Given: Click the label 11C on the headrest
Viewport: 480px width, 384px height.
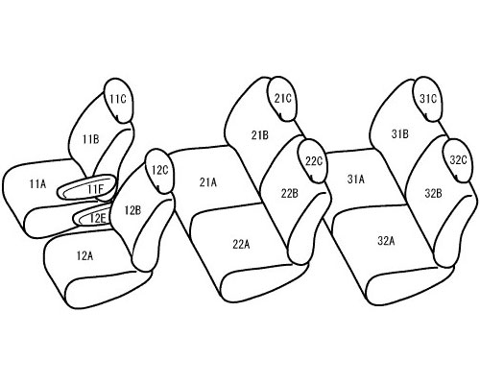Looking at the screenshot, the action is [118, 99].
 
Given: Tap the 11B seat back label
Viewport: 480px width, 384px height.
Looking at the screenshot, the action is [91, 139].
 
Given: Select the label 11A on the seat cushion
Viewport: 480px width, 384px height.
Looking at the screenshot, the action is [37, 184].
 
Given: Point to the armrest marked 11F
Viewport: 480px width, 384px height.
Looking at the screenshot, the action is [86, 187].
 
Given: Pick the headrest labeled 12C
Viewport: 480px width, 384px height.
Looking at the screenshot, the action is [159, 171].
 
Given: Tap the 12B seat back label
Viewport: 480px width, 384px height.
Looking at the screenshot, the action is [132, 210].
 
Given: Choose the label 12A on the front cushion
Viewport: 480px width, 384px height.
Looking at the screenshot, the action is [84, 256].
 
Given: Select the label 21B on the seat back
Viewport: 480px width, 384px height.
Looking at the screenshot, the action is [260, 135].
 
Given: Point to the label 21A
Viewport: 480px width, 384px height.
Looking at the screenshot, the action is [208, 182].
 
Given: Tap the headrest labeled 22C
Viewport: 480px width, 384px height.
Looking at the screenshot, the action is [313, 161].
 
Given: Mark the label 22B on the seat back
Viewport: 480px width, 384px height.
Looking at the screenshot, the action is [290, 193].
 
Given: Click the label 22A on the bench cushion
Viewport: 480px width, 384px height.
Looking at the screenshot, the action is [241, 245].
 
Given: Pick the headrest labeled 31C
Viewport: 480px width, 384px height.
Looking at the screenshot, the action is [428, 99].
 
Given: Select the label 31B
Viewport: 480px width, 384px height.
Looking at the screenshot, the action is [400, 133].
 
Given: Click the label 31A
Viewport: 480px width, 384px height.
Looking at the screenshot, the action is [356, 180].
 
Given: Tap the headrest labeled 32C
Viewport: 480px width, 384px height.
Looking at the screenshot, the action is [458, 160].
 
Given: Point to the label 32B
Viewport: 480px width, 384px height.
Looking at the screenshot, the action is [434, 193].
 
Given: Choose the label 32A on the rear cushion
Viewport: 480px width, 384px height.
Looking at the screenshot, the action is [386, 241].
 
